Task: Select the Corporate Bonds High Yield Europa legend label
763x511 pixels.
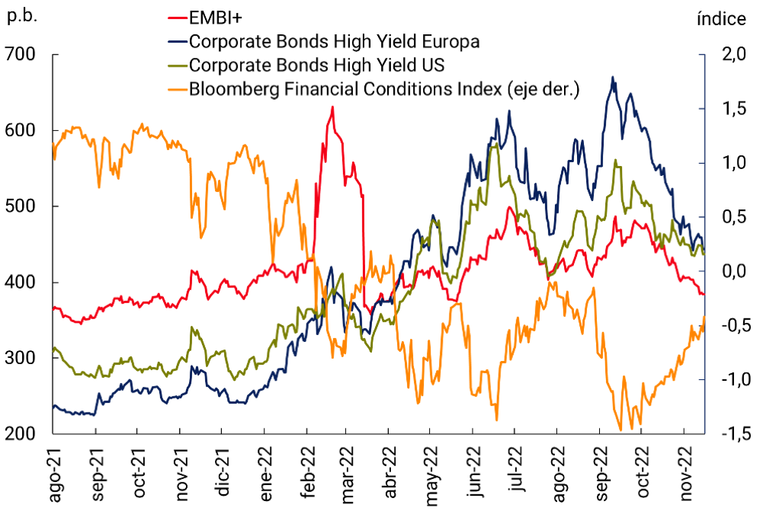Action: pyautogui.click(x=335, y=41)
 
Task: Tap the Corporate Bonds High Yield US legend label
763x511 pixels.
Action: pyautogui.click(x=316, y=65)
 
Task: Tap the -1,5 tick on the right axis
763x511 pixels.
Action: pyautogui.click(x=728, y=434)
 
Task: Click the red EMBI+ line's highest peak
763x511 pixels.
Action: pyautogui.click(x=332, y=107)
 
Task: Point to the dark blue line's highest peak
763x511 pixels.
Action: pyautogui.click(x=613, y=77)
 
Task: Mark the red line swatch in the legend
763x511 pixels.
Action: pyautogui.click(x=176, y=18)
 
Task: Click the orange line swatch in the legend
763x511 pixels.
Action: pyautogui.click(x=176, y=89)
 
